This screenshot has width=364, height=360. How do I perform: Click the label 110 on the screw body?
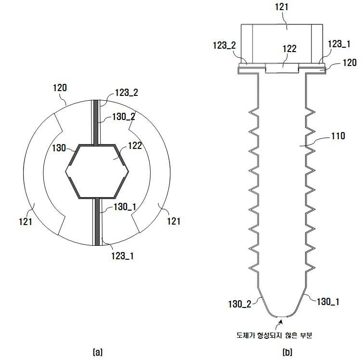pyautogui.click(x=338, y=136)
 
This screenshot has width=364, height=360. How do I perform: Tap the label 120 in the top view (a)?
pyautogui.click(x=60, y=88)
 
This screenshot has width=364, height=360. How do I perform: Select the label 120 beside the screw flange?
pyautogui.click(x=350, y=63)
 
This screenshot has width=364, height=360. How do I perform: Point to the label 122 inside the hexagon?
pyautogui.click(x=135, y=146)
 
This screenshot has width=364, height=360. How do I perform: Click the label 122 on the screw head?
pyautogui.click(x=289, y=49)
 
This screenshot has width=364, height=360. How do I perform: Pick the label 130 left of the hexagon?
pyautogui.click(x=59, y=148)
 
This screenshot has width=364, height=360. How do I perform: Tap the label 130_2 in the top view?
pyautogui.click(x=123, y=117)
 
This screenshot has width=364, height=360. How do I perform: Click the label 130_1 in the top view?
pyautogui.click(x=125, y=207)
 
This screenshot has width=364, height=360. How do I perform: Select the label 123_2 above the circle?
pyautogui.click(x=127, y=93)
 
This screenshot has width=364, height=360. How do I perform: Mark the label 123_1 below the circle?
pyautogui.click(x=122, y=256)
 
